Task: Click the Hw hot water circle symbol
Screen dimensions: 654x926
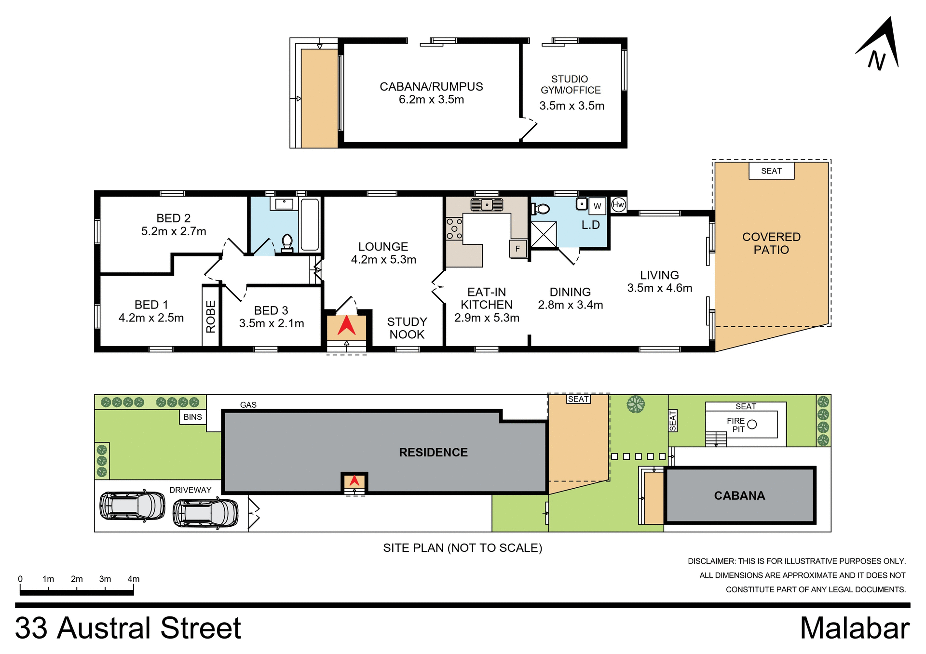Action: click(618, 205)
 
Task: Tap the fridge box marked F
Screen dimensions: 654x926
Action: click(517, 249)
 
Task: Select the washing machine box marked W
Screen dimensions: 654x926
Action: click(597, 206)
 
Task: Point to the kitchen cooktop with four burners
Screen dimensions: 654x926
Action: click(454, 229)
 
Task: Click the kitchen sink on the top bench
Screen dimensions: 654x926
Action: click(487, 205)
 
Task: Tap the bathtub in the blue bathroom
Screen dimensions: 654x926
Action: click(310, 225)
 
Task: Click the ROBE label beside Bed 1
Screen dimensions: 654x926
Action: click(211, 317)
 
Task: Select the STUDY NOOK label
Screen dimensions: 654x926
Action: click(407, 328)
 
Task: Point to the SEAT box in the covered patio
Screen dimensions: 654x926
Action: click(771, 171)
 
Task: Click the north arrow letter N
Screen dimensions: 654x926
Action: click(877, 60)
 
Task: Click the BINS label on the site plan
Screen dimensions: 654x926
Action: click(192, 417)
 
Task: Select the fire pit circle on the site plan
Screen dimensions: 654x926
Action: click(752, 425)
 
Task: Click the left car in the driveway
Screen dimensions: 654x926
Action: click(132, 506)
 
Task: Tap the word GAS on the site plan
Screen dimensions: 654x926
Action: click(248, 405)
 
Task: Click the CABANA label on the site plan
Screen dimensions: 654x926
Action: click(739, 496)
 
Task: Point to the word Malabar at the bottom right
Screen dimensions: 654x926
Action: click(855, 629)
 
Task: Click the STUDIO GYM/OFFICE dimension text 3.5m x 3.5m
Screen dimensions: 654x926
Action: click(572, 106)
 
